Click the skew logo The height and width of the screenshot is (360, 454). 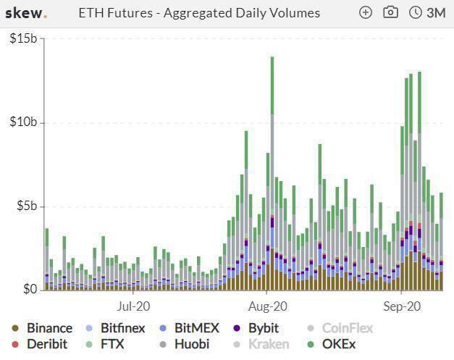(26, 13)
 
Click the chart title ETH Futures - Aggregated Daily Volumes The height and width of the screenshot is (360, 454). (199, 13)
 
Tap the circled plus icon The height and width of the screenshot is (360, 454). (366, 13)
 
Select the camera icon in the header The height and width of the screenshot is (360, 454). (390, 12)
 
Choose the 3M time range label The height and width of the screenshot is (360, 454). (436, 13)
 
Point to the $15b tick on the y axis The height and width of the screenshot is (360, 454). (23, 38)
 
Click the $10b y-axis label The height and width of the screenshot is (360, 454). (23, 122)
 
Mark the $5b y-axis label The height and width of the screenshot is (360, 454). (27, 206)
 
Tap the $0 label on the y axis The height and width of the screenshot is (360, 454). (30, 289)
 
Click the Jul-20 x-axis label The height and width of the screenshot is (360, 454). (133, 306)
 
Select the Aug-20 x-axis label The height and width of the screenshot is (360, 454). (268, 306)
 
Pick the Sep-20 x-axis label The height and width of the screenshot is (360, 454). (402, 306)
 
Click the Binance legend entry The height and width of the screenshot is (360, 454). (42, 328)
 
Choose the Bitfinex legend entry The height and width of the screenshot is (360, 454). (115, 328)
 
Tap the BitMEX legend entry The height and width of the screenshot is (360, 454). (190, 328)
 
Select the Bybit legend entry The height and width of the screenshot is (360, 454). (256, 328)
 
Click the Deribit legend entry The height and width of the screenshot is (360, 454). (39, 344)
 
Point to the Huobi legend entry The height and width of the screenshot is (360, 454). (185, 344)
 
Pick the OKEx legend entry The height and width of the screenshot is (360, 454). (331, 344)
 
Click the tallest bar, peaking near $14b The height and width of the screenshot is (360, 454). (272, 173)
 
